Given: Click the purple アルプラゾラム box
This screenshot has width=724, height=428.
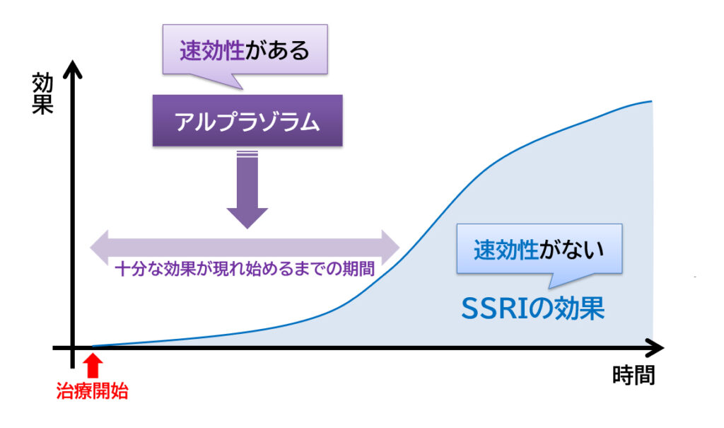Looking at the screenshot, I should pos(247,121).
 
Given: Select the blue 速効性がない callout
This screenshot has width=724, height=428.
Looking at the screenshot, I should pos(539,248).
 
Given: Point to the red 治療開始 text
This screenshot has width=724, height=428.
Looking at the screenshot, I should pos(92,391).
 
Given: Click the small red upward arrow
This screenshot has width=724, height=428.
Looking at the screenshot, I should pos(93,365).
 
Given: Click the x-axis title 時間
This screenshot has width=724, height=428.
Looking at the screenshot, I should pos(633,375).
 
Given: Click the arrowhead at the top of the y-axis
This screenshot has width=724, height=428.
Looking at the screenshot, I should pos(73,69).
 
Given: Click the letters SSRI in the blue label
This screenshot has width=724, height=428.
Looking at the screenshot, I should pos(494,308).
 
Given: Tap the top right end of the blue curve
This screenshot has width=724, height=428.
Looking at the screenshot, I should pos(651,101).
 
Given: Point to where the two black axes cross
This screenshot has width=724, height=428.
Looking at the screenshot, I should pos(73,347).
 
